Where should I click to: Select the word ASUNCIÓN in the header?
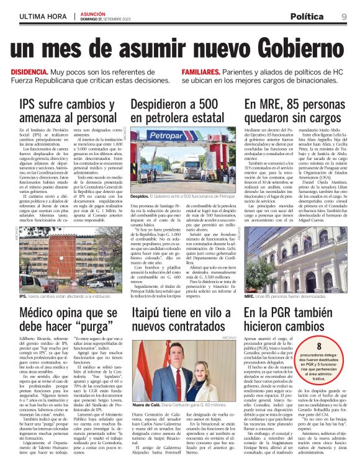pos(93,12)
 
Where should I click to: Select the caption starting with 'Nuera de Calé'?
pos(179,404)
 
